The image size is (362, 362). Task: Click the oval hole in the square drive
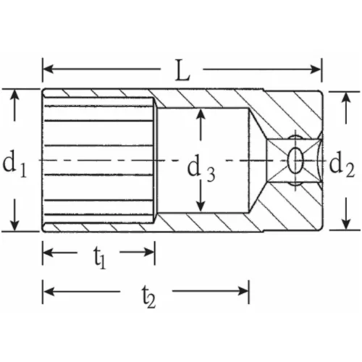(295, 159)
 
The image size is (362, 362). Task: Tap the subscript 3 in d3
(211, 174)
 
